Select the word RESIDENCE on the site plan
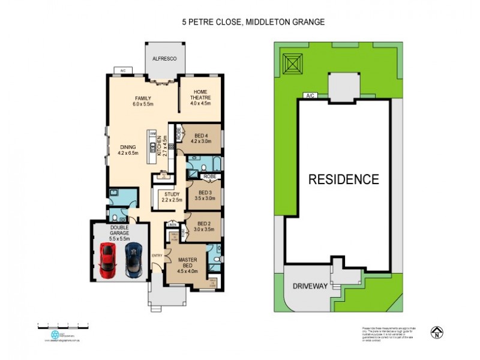coord(344,179)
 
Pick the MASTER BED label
coord(188,262)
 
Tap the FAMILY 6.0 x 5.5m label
coord(143,101)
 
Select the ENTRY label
coord(157,256)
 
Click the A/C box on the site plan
coord(310,95)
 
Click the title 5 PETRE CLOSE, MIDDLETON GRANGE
coord(253,22)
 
